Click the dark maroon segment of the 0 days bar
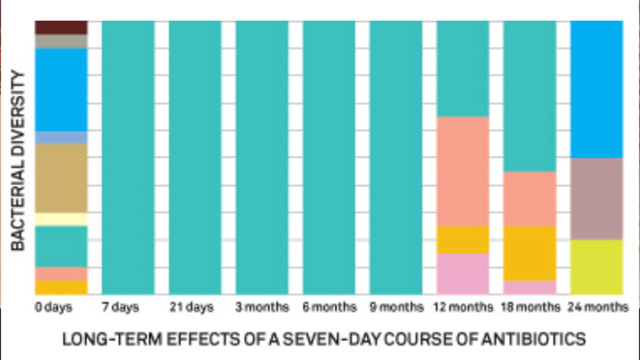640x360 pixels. [x=61, y=27]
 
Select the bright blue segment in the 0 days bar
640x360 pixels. [x=61, y=89]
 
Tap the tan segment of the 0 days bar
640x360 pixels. [x=61, y=178]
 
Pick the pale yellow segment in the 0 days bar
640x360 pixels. [x=61, y=219]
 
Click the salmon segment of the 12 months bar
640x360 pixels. [x=462, y=171]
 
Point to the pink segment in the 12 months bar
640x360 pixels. [x=462, y=274]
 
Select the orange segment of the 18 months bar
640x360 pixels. [x=529, y=253]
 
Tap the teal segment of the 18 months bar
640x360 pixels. [x=529, y=96]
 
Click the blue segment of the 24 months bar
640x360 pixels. [x=596, y=89]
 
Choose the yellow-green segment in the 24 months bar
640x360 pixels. [x=596, y=267]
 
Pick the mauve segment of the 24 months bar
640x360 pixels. [x=596, y=199]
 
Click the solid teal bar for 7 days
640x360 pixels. [x=128, y=157]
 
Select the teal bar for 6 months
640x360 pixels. [x=329, y=157]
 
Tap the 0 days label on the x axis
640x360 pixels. [x=53, y=308]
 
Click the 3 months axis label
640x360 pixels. [x=262, y=308]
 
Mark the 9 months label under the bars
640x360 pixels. [x=396, y=308]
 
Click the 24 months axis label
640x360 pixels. [x=596, y=308]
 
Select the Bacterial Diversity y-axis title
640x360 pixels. [x=18, y=160]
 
